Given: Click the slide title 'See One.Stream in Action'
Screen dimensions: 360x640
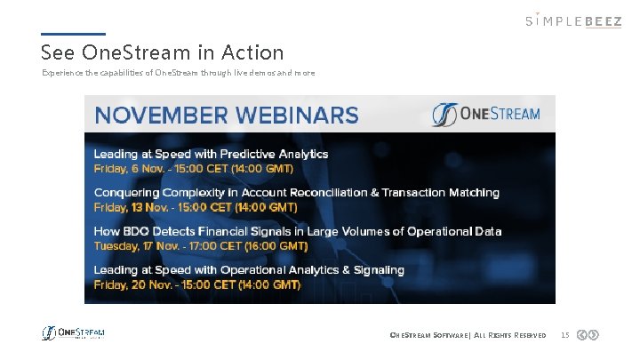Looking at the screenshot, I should tap(162, 53).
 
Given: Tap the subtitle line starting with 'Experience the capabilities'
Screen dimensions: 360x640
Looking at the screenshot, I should tap(178, 73).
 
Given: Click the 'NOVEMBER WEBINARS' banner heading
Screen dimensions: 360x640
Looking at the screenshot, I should tap(227, 115).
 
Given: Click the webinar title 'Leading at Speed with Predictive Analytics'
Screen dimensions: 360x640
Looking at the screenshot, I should tap(211, 154).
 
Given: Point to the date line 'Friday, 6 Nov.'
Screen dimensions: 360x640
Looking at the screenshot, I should tap(193, 168).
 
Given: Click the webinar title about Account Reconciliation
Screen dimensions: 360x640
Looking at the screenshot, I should tap(297, 192).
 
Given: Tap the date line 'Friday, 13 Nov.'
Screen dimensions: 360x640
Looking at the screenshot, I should tap(196, 207).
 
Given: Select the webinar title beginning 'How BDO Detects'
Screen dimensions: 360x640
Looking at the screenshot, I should tap(298, 231).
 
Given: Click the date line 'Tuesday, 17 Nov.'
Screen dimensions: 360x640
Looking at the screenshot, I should tap(201, 245).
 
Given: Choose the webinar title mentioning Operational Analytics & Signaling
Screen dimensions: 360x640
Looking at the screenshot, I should tap(249, 269).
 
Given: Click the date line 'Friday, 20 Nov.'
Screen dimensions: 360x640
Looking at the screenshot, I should tap(197, 284).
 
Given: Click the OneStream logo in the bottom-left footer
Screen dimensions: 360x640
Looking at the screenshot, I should tap(73, 333).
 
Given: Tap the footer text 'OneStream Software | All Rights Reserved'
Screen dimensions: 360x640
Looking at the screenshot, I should tap(462, 335).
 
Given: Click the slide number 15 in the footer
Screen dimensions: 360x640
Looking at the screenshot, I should tap(564, 335).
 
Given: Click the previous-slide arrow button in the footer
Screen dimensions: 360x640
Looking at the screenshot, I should tap(581, 335).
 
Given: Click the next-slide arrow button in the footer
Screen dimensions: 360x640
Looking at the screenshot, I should tap(594, 335).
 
